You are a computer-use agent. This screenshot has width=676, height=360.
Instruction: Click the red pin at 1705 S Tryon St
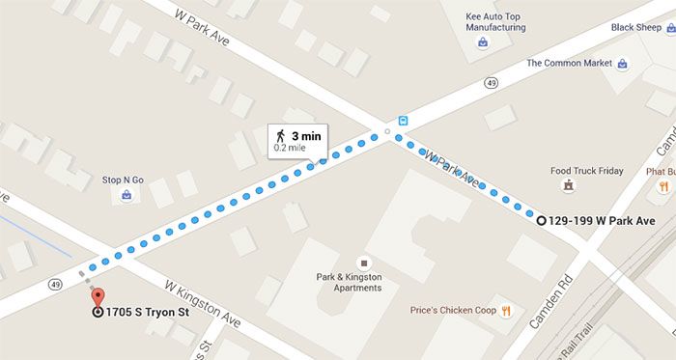point(97,297)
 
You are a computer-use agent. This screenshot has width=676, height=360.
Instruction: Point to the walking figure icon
point(280,135)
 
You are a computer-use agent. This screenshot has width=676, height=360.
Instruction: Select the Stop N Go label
point(123,180)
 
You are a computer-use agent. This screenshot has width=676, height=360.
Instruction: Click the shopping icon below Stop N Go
point(127,196)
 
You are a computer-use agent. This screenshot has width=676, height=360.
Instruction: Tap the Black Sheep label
point(635,27)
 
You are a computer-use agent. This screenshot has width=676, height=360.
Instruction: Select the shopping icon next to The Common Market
point(623,65)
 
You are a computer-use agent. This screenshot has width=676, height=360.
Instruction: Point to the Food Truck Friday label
point(586,171)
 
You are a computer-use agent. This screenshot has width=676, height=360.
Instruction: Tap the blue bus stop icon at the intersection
point(403,122)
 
